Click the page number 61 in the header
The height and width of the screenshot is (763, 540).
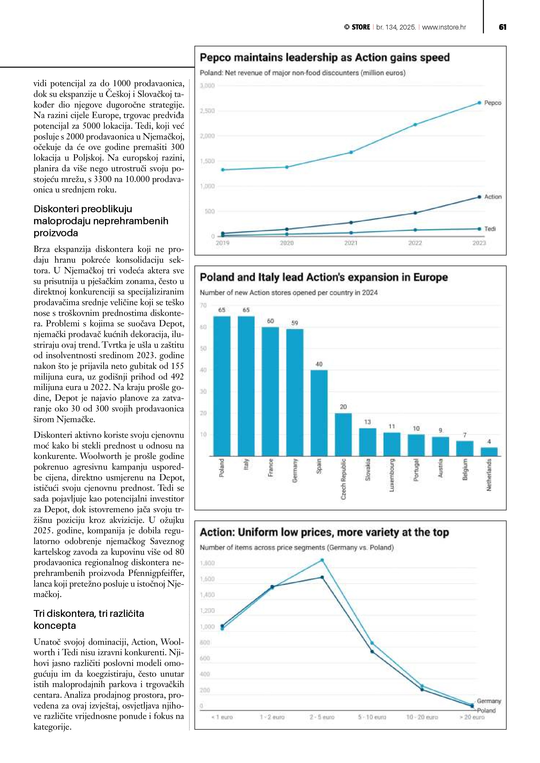pyautogui.click(x=502, y=27)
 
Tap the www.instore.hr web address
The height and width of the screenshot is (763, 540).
pyautogui.click(x=444, y=27)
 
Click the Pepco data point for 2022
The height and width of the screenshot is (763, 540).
pyautogui.click(x=415, y=125)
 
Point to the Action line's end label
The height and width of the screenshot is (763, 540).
pyautogui.click(x=493, y=197)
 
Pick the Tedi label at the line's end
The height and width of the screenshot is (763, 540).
pyautogui.click(x=490, y=229)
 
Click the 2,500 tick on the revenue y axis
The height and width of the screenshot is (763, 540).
pyautogui.click(x=207, y=111)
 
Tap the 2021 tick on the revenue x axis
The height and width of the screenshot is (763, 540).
pyautogui.click(x=351, y=243)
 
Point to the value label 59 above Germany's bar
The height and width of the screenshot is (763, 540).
pyautogui.click(x=295, y=323)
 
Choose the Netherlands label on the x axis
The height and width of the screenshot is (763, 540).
pyautogui.click(x=489, y=475)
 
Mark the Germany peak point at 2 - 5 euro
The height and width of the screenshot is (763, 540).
pyautogui.click(x=322, y=560)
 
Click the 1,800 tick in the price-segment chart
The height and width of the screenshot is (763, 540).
pyautogui.click(x=207, y=563)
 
